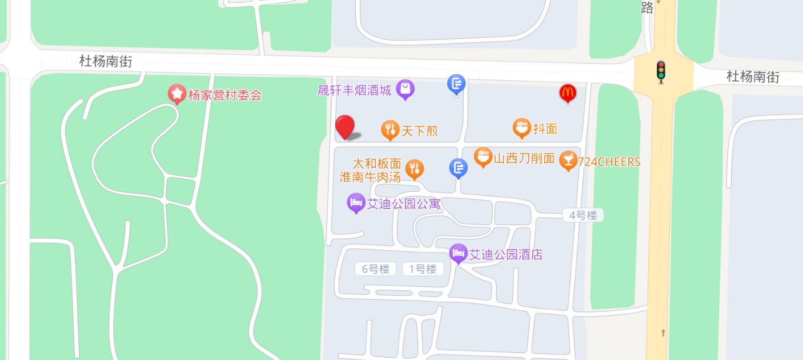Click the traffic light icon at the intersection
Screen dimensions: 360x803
pos(660,71)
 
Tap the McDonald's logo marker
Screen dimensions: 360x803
pos(568,93)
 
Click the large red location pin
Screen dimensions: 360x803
pos(345,127)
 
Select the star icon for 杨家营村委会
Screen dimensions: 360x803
pos(176,94)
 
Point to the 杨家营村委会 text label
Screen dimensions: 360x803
pos(224,95)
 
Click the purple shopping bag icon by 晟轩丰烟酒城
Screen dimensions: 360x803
pos(405,90)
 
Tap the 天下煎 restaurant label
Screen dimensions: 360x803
pos(419,131)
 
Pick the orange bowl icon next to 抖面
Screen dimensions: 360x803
pos(522,128)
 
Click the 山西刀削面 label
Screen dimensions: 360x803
pos(524,158)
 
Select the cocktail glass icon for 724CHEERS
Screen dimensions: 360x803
pos(568,161)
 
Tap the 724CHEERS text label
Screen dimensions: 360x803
pos(609,162)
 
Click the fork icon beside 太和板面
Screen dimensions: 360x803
pos(415,169)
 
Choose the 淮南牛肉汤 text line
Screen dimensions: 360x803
pos(370,176)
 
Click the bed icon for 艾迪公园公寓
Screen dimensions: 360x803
pos(356,204)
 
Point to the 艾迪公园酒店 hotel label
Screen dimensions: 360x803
pos(506,254)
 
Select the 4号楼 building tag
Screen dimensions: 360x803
pos(583,215)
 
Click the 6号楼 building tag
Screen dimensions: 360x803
pos(376,269)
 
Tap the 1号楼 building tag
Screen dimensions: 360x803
pos(423,269)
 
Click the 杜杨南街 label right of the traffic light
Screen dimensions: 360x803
pos(752,77)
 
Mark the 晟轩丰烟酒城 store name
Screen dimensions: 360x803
pos(354,90)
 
